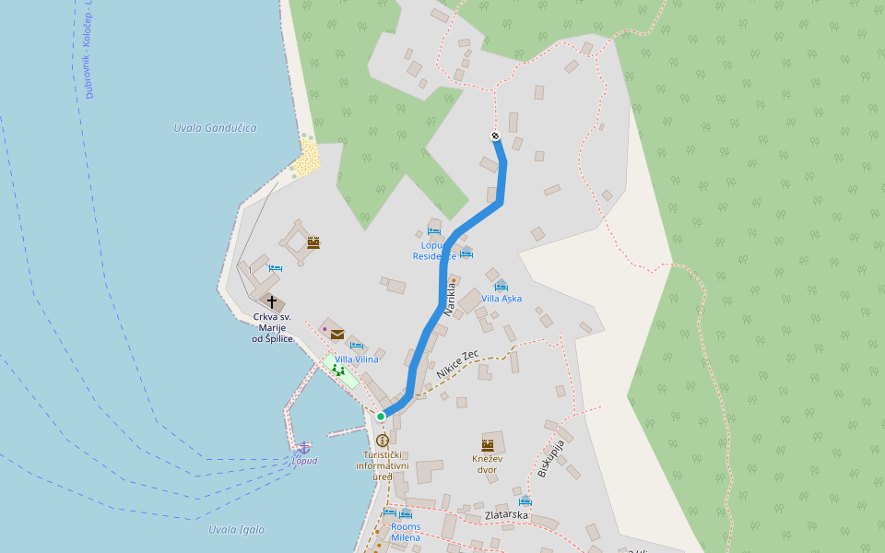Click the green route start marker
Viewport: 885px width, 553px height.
(381, 417)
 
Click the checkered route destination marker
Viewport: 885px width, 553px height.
(496, 136)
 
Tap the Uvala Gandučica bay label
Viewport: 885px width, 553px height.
(215, 128)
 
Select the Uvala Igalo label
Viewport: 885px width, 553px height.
(236, 530)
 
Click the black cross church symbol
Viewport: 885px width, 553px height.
(272, 300)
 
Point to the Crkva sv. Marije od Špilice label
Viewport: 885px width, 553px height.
(273, 328)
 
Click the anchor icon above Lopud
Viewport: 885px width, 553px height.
(303, 447)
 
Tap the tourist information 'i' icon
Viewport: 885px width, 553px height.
(383, 441)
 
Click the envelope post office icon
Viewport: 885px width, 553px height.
(336, 335)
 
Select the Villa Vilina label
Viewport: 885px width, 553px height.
(356, 359)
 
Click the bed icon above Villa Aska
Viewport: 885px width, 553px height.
(501, 286)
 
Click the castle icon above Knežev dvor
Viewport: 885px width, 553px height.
(488, 445)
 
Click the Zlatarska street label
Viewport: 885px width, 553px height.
(506, 515)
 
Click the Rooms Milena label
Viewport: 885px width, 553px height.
(406, 532)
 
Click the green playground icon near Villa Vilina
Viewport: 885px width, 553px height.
(338, 370)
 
